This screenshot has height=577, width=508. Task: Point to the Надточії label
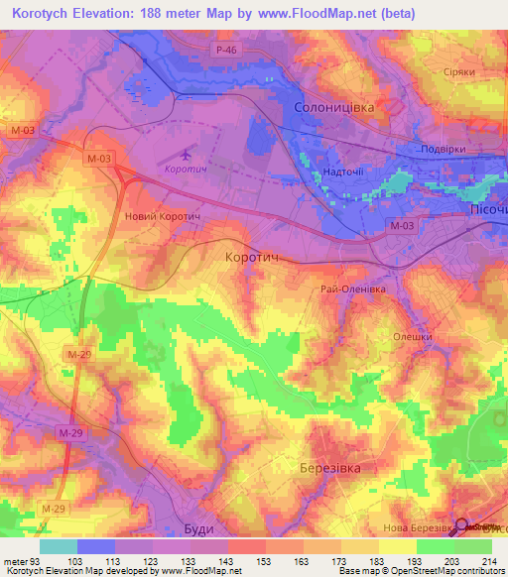tap(344, 172)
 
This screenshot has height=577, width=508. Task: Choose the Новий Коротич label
tap(163, 215)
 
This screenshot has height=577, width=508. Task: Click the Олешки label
tap(414, 336)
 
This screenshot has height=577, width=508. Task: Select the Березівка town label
tap(328, 468)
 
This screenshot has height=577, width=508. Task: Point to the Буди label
tap(199, 529)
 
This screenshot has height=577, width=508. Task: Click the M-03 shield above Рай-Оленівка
tap(402, 227)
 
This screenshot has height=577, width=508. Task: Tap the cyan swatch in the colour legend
tap(59, 546)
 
